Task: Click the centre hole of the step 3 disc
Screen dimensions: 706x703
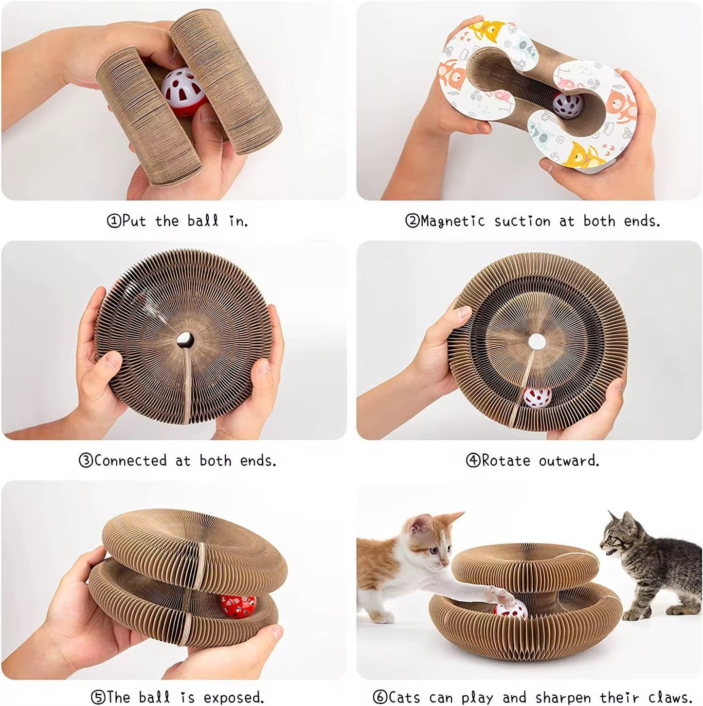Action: [186, 339]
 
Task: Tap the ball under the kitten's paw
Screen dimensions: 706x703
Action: [511, 609]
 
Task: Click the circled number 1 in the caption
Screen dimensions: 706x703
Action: [113, 221]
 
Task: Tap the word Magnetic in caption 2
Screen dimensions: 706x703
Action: [452, 221]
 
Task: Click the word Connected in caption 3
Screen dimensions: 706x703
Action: [130, 461]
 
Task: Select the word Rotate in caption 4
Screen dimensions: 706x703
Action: [505, 461]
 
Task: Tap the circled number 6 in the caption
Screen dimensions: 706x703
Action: [380, 697]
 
